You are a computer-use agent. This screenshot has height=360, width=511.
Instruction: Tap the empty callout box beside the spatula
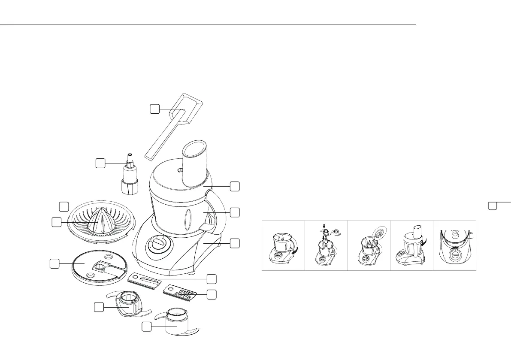pos(155,109)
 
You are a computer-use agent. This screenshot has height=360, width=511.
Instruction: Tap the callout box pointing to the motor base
pos(234,243)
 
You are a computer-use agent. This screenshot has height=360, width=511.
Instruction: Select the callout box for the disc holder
pos(54,263)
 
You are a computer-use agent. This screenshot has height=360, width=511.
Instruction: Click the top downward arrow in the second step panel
pos(324,225)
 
